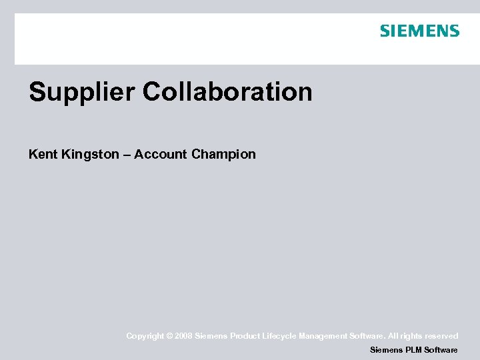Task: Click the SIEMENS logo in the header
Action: pyautogui.click(x=419, y=31)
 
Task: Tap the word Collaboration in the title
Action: pyautogui.click(x=227, y=92)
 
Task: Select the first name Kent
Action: pyautogui.click(x=43, y=154)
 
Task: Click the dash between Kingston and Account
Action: pyautogui.click(x=127, y=155)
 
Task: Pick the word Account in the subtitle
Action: pyautogui.click(x=160, y=154)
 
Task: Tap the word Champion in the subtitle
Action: pyautogui.click(x=223, y=155)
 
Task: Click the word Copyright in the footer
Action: pyautogui.click(x=145, y=336)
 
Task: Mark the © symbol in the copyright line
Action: pyautogui.click(x=169, y=336)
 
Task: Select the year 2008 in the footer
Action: pyautogui.click(x=183, y=336)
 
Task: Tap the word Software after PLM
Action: pyautogui.click(x=441, y=350)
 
